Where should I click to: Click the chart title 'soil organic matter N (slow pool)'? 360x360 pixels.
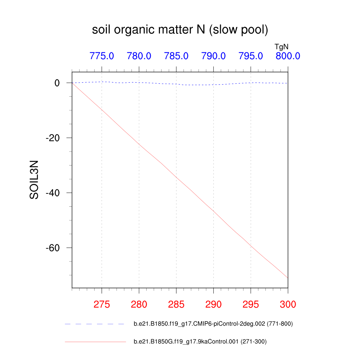(180, 30)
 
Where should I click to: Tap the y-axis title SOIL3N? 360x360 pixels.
(34, 180)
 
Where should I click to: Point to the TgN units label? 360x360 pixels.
(282, 46)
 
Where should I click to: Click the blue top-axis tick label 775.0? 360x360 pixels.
(102, 56)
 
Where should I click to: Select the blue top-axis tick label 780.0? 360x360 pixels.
(139, 56)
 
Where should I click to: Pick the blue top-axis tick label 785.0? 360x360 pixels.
(176, 56)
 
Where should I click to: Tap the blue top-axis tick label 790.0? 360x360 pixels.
(213, 56)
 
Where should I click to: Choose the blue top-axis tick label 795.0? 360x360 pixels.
(251, 56)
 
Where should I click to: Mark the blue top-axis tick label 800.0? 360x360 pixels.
(288, 56)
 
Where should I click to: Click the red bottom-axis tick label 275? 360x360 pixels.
(102, 304)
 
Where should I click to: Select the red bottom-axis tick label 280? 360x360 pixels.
(139, 304)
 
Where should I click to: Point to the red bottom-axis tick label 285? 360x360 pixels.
(176, 304)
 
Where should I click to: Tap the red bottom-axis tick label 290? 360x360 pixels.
(213, 304)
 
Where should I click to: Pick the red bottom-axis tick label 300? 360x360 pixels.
(288, 304)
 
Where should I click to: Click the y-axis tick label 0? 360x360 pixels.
(57, 83)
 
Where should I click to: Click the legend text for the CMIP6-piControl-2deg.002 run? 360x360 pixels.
(213, 324)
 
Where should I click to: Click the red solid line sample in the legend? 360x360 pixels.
(95, 341)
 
